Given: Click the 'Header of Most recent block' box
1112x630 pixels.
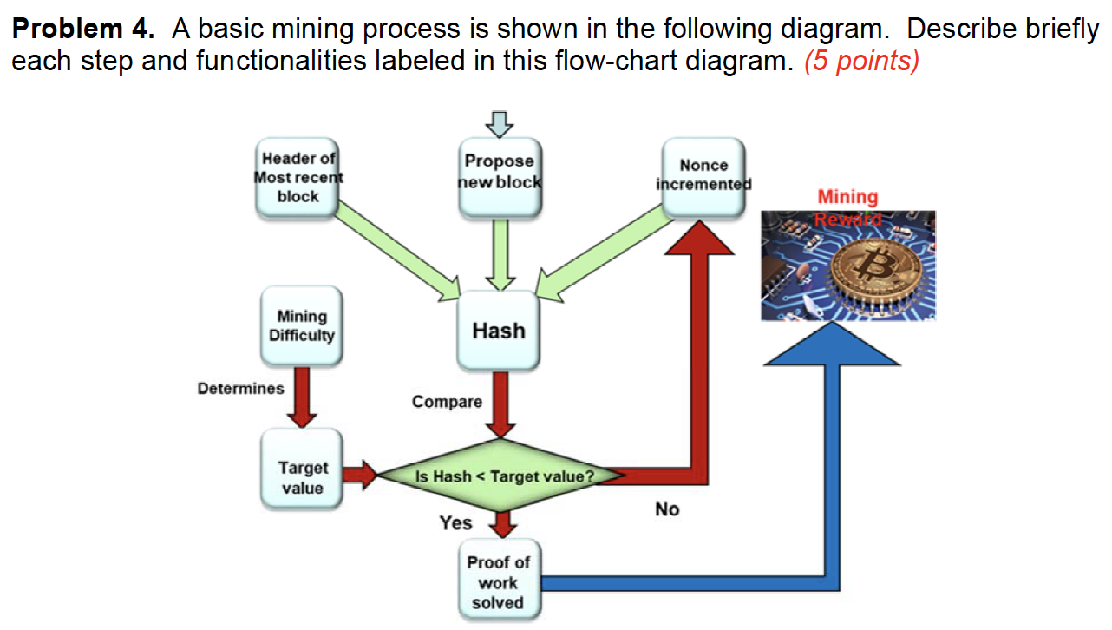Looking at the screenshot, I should tap(298, 177).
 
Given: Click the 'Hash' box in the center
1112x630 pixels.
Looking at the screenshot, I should tap(499, 331).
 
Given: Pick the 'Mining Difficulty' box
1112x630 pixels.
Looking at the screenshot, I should tap(302, 326).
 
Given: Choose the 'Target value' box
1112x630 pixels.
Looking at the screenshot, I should tap(302, 477).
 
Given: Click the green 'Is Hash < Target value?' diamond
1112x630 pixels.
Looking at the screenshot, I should tap(503, 476).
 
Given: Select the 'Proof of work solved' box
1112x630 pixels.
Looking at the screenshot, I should tap(498, 582).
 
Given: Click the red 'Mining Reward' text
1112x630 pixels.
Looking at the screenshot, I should tap(847, 207).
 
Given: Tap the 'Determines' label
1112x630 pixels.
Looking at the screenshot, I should tap(240, 388).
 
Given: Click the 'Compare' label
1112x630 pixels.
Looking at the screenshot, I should tap(447, 402).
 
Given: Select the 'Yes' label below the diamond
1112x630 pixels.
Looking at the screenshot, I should tap(455, 522).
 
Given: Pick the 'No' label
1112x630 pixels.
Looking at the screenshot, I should tap(667, 509).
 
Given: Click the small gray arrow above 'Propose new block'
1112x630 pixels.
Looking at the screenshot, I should tap(500, 124).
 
